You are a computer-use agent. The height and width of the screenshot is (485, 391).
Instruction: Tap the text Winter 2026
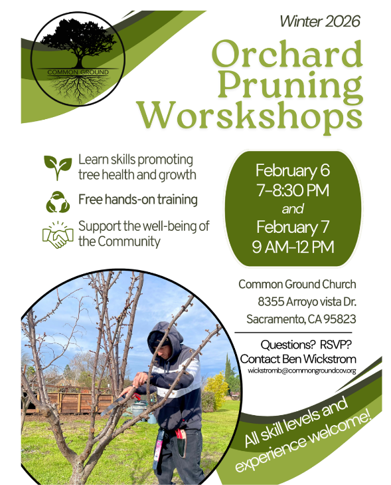(319, 21)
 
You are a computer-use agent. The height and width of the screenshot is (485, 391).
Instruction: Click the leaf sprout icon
(57, 167)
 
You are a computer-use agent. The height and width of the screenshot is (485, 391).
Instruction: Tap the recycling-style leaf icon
(56, 200)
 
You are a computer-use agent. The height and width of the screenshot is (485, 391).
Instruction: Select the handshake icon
(58, 234)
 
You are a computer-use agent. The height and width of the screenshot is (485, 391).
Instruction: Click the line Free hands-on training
(137, 199)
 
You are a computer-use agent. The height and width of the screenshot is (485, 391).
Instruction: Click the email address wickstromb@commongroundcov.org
(302, 370)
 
